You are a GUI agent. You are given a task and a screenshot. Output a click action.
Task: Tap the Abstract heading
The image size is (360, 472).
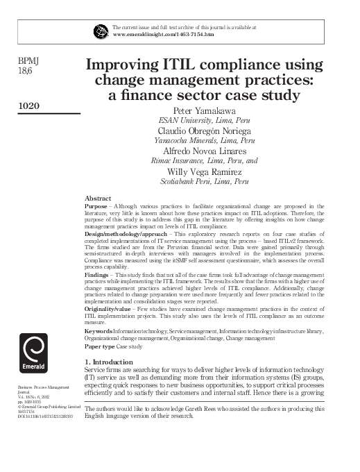coord(97,198)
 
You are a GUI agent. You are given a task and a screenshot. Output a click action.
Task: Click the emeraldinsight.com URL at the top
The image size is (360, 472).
coord(163,33)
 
